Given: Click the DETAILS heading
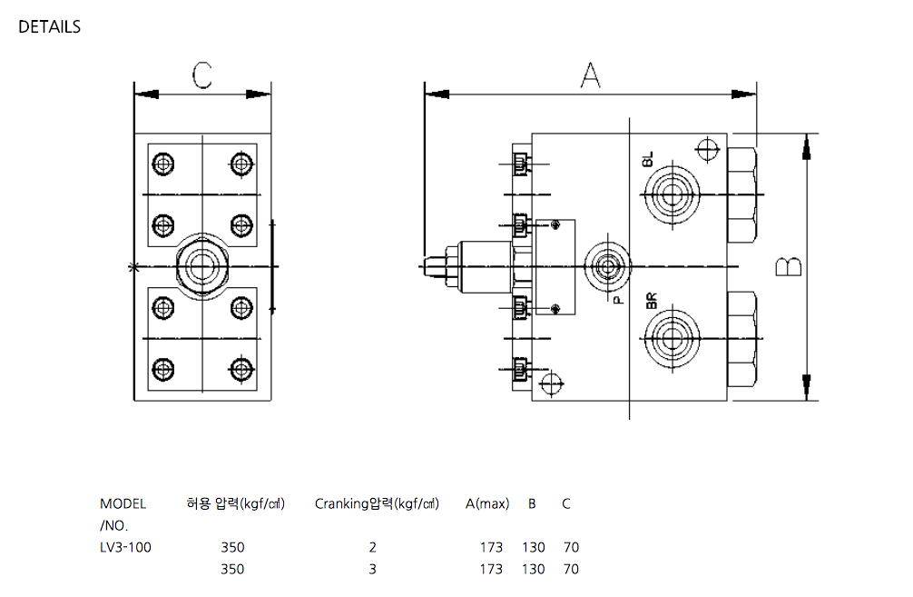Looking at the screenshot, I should [49, 27].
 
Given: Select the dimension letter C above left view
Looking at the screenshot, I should [202, 76].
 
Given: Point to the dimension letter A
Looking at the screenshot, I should [591, 75].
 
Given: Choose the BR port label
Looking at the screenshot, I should [650, 301].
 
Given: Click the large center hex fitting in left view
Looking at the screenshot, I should [201, 265].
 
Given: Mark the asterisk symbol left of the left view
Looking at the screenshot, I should [134, 267].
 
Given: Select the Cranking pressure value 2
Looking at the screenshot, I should [372, 547].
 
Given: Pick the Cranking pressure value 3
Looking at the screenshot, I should [372, 570].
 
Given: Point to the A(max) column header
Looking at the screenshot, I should [487, 503].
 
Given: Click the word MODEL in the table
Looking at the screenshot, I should [123, 503].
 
